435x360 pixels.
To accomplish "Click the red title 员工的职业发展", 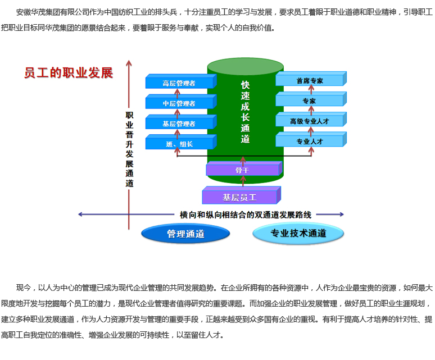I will click(x=69, y=73).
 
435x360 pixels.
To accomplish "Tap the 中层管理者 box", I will click(x=179, y=103).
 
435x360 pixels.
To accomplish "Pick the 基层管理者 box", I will click(x=179, y=124).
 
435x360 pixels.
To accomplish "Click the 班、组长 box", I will click(x=179, y=144).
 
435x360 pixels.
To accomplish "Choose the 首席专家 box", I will click(x=310, y=80).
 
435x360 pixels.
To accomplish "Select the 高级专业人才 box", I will click(x=310, y=121).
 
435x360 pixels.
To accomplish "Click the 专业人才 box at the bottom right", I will click(x=310, y=141).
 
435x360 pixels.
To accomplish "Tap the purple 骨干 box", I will click(x=243, y=169).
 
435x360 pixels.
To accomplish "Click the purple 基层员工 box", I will click(x=239, y=197).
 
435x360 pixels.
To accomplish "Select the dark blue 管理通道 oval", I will click(x=185, y=234).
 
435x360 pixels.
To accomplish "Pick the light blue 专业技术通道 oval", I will click(x=298, y=234).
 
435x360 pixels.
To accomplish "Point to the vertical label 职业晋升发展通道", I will click(x=129, y=148).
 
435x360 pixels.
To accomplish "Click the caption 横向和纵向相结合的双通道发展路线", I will click(x=246, y=215).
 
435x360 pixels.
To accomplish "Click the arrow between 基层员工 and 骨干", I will click(x=243, y=181).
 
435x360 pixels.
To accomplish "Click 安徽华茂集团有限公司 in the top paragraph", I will click(x=51, y=11).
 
